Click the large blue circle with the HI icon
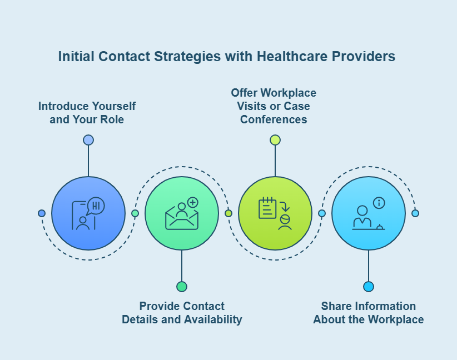88,213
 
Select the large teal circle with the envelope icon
182,213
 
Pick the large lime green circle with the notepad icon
275,213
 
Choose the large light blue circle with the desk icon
369,213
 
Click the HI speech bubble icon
96,206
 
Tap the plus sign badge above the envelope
193,203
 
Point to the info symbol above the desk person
379,203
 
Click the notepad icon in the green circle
267,208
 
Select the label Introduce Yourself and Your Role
87,112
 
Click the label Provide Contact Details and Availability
182,313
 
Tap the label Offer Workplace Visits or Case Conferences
274,106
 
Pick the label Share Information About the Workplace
369,313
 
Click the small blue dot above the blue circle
88,140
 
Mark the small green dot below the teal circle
182,287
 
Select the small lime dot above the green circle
275,140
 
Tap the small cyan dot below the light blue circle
369,287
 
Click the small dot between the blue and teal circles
135,213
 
